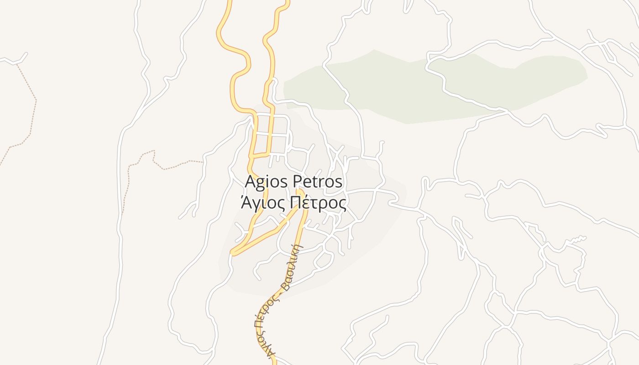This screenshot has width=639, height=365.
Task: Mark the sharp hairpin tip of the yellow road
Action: [x=233, y=252]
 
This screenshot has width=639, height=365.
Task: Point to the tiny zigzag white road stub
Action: [x=576, y=239]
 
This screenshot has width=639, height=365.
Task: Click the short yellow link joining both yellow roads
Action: [x=260, y=156]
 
